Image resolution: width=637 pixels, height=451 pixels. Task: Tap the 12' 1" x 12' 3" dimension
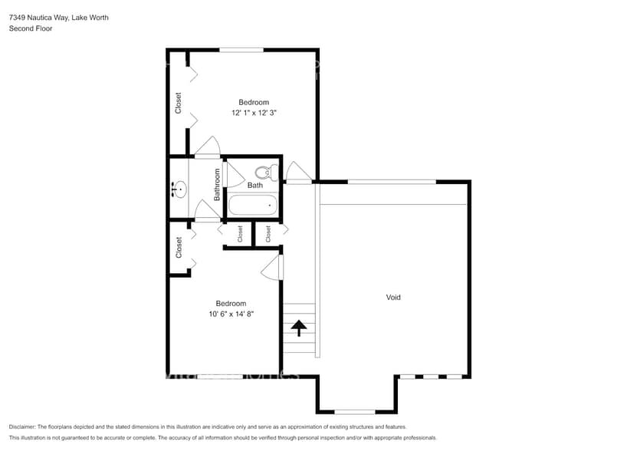click(254, 113)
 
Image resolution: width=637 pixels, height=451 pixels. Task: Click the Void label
click(393, 297)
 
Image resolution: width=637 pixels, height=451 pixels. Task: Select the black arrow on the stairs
click(298, 328)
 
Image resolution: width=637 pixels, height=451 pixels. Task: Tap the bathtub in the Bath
click(253, 205)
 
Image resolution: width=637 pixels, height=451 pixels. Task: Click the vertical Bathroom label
click(217, 185)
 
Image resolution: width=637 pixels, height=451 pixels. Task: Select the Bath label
click(254, 186)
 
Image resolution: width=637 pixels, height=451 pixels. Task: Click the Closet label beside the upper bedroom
click(179, 103)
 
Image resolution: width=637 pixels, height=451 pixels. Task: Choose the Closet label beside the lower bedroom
click(179, 247)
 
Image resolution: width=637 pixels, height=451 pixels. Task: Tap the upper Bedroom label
click(254, 103)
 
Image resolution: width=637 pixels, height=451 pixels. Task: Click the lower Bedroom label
click(231, 304)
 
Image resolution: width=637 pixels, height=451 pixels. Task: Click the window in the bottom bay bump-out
click(355, 412)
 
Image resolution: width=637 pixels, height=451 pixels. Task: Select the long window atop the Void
click(391, 182)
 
